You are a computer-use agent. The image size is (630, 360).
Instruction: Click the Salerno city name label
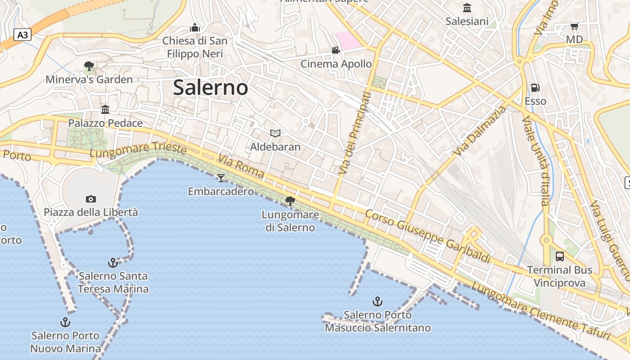[x=210, y=87]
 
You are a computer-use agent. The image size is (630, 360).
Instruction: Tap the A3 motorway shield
[x=22, y=35]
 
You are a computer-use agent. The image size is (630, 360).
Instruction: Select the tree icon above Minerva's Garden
[x=89, y=66]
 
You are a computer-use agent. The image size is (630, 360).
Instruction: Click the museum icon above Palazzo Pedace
[x=105, y=109]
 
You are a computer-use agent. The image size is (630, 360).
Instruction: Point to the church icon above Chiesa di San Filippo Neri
[x=195, y=27]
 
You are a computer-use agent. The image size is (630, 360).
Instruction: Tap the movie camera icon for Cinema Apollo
[x=336, y=50]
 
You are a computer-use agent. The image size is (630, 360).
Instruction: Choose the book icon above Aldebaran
[x=275, y=133]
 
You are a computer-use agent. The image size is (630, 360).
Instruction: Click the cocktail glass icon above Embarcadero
[x=220, y=178]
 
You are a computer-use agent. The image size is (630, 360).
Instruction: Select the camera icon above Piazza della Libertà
[x=90, y=199]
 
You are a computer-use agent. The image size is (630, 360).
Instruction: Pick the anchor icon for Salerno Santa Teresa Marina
[x=113, y=262]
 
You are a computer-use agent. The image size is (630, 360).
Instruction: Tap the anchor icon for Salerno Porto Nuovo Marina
[x=65, y=322]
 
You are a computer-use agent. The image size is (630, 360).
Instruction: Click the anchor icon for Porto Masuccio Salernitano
[x=378, y=301]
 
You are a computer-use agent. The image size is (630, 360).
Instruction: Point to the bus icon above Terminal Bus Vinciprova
[x=560, y=256]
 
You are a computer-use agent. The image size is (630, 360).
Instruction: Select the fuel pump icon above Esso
[x=535, y=88]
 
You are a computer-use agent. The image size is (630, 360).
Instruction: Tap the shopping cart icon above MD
[x=574, y=26]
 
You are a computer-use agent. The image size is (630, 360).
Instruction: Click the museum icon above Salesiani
[x=467, y=8]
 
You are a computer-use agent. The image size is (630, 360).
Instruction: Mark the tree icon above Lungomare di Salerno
[x=290, y=201]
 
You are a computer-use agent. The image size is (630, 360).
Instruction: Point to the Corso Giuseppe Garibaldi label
[x=427, y=236]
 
